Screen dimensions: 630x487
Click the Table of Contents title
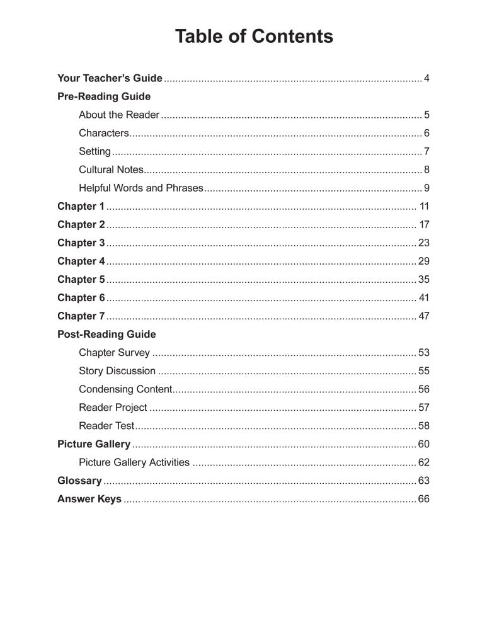254,37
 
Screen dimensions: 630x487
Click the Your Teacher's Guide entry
110,79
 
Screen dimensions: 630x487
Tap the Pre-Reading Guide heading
104,97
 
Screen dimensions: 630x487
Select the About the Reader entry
119,115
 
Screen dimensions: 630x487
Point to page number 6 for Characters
427,134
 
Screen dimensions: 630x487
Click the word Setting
95,152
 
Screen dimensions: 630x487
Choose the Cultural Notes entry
112,170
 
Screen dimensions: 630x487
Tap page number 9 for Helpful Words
427,188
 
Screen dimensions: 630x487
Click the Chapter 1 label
81,207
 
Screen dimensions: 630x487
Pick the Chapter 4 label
81,261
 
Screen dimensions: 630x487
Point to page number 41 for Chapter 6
424,298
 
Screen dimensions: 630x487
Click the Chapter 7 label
81,316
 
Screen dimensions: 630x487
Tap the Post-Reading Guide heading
106,335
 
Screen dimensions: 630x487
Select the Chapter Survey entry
114,353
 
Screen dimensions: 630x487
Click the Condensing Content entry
125,389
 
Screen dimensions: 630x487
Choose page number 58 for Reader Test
424,426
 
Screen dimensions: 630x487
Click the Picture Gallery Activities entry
134,462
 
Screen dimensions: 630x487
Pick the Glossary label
79,481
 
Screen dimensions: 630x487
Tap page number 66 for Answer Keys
424,499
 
